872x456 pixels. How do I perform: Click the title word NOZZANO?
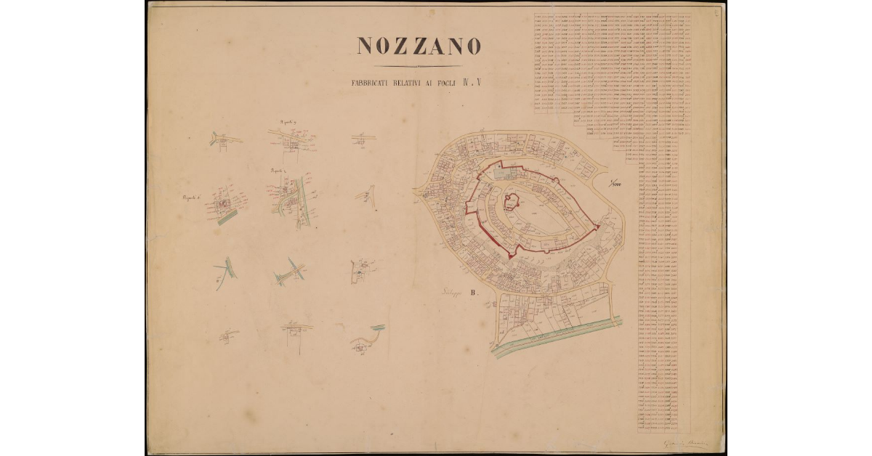pyautogui.click(x=419, y=46)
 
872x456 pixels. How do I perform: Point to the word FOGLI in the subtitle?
pyautogui.click(x=448, y=83)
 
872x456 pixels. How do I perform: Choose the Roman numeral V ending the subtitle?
pyautogui.click(x=478, y=82)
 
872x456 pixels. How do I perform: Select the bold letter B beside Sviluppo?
pyautogui.click(x=473, y=294)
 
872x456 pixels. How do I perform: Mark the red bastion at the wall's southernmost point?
pyautogui.click(x=512, y=255)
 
